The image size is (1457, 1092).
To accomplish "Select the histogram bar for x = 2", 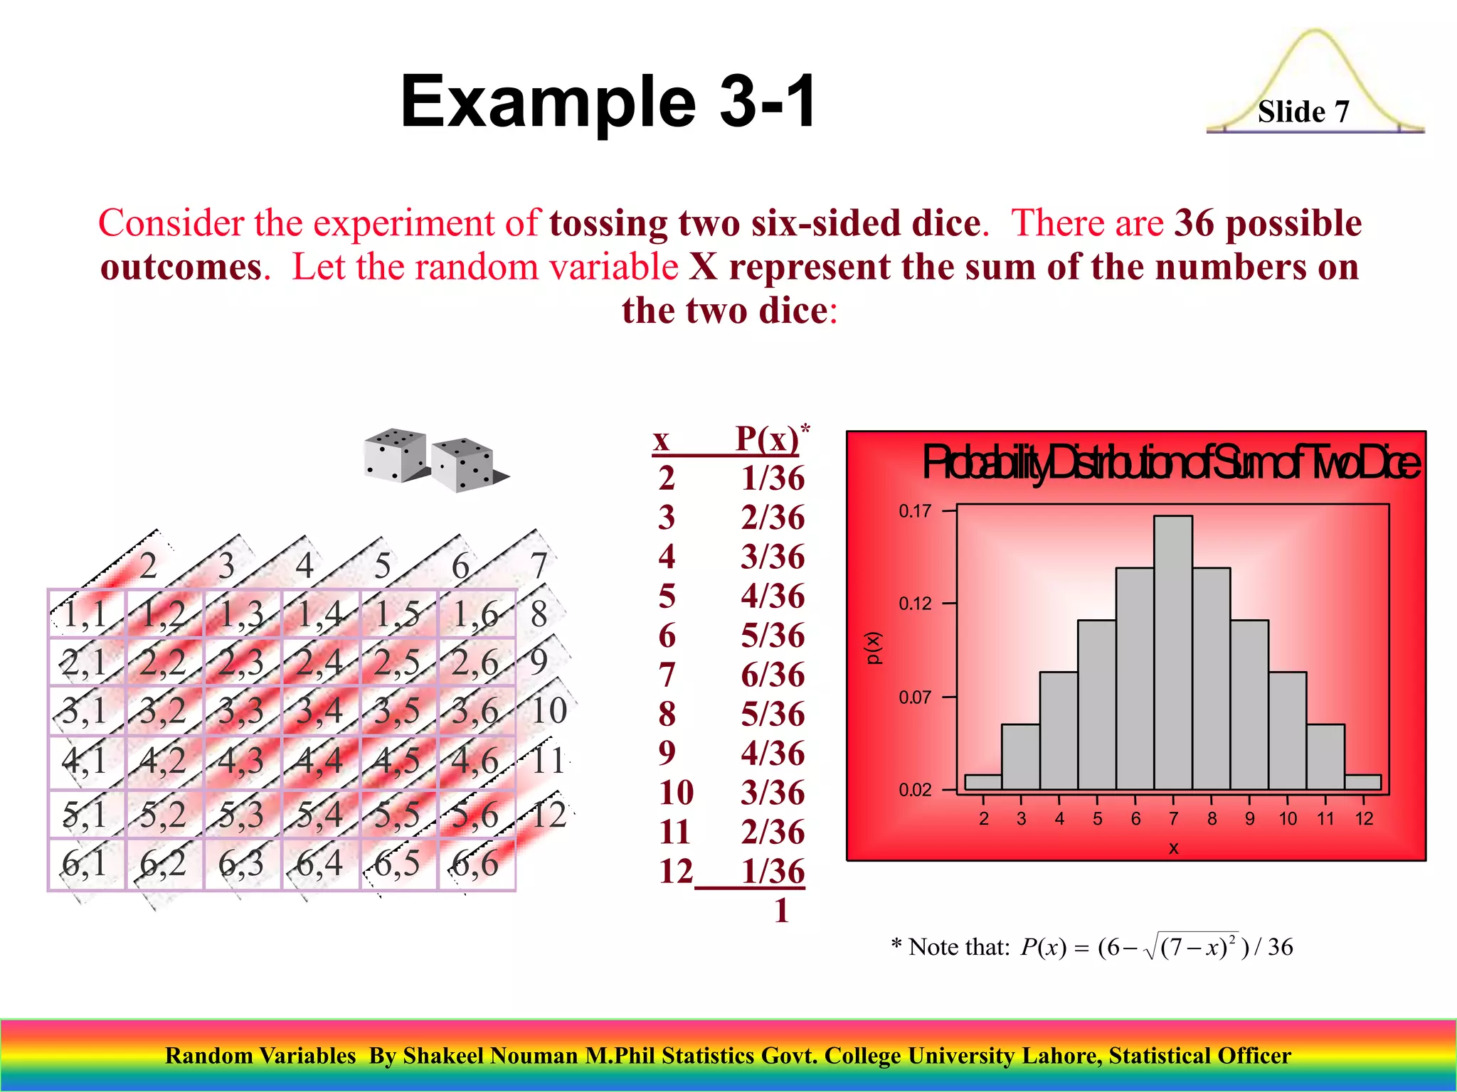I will click(x=983, y=782).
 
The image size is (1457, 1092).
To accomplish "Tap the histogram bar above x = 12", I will click(x=1363, y=782).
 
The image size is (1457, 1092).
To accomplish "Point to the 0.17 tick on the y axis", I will click(x=915, y=511).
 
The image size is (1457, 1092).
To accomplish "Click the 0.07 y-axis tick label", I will click(x=915, y=697).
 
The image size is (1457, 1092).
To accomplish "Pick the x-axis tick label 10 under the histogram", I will click(x=1288, y=819).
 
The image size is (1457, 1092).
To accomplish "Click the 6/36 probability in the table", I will click(x=773, y=675).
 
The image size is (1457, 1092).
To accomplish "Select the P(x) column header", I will click(x=767, y=439).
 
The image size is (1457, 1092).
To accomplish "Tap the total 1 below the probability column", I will click(x=781, y=911).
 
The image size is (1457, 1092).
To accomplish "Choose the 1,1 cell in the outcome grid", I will click(x=86, y=614).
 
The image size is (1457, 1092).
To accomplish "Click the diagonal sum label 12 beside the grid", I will click(x=549, y=815).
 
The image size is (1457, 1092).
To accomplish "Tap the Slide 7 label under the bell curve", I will click(x=1303, y=112).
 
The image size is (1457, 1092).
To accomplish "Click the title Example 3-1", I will click(x=608, y=102).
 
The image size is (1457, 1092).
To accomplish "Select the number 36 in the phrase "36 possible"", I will click(x=1194, y=223).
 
